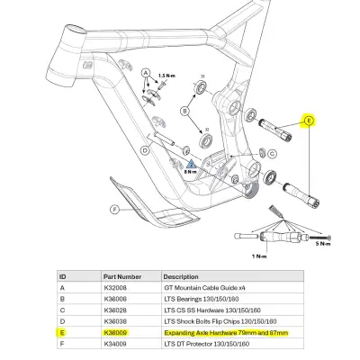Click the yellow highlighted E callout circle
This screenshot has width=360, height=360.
[309, 120]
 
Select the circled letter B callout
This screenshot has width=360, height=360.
[185, 112]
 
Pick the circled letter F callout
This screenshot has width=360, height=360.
[114, 210]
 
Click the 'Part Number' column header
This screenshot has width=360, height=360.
[123, 277]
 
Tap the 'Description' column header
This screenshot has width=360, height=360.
[180, 277]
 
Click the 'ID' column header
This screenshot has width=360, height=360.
[62, 277]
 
